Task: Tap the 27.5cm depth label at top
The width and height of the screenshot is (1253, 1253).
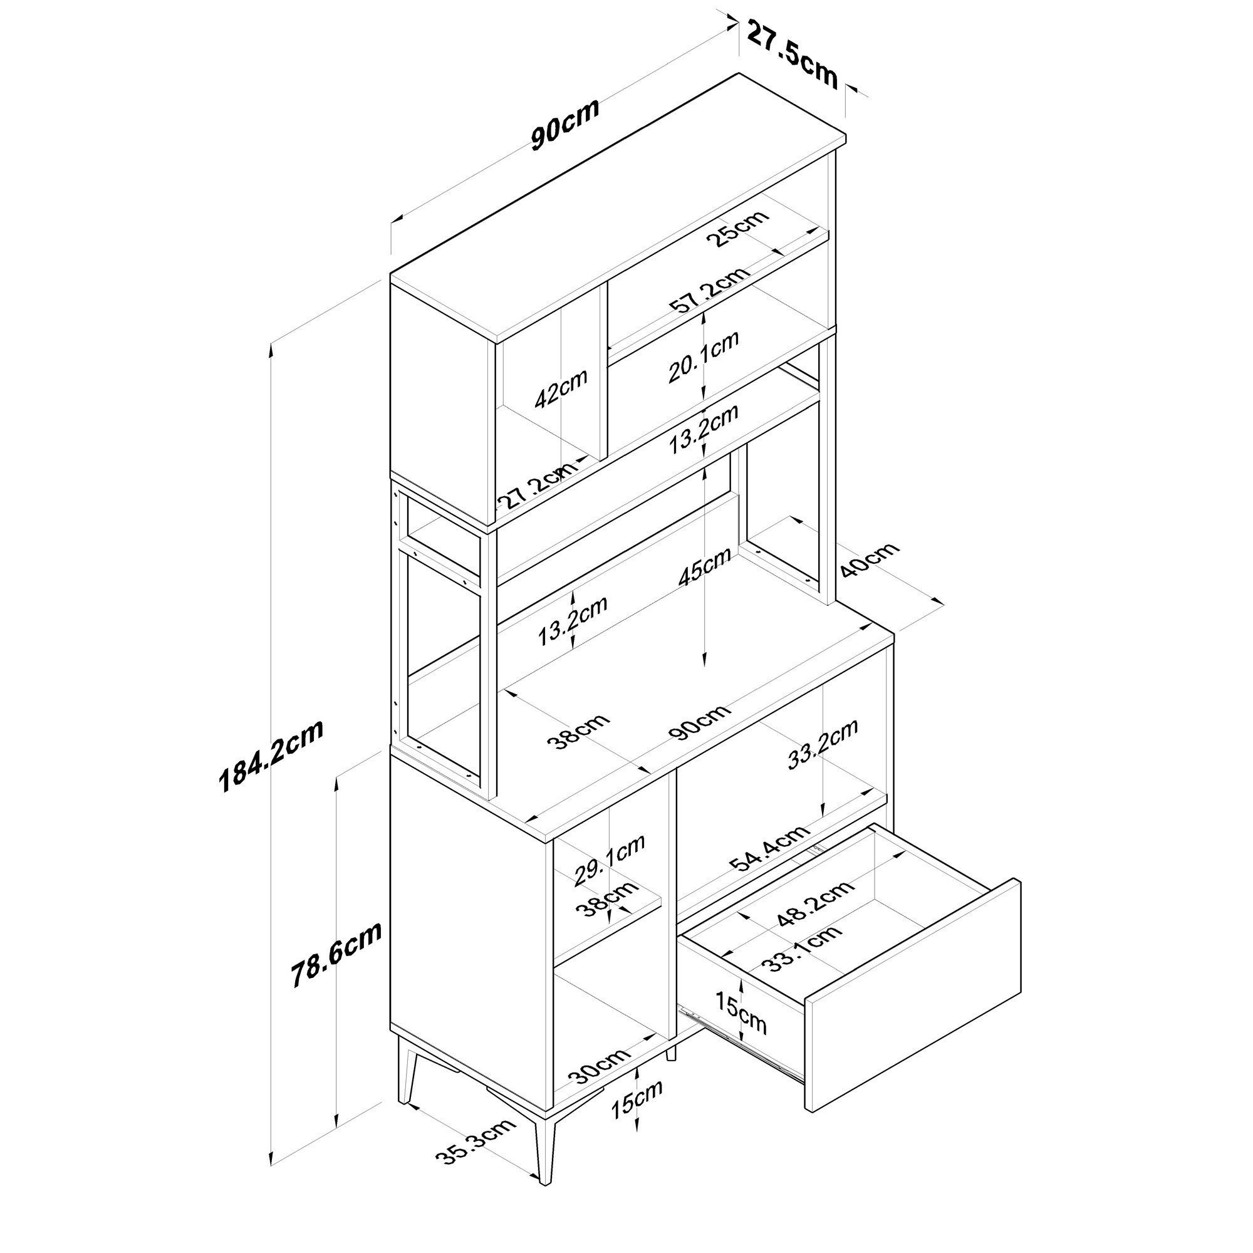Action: point(793,54)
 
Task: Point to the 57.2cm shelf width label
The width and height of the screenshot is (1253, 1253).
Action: point(710,291)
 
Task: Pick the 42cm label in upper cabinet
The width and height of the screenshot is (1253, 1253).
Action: point(561,388)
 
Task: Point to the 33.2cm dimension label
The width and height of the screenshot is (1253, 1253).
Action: point(823,744)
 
